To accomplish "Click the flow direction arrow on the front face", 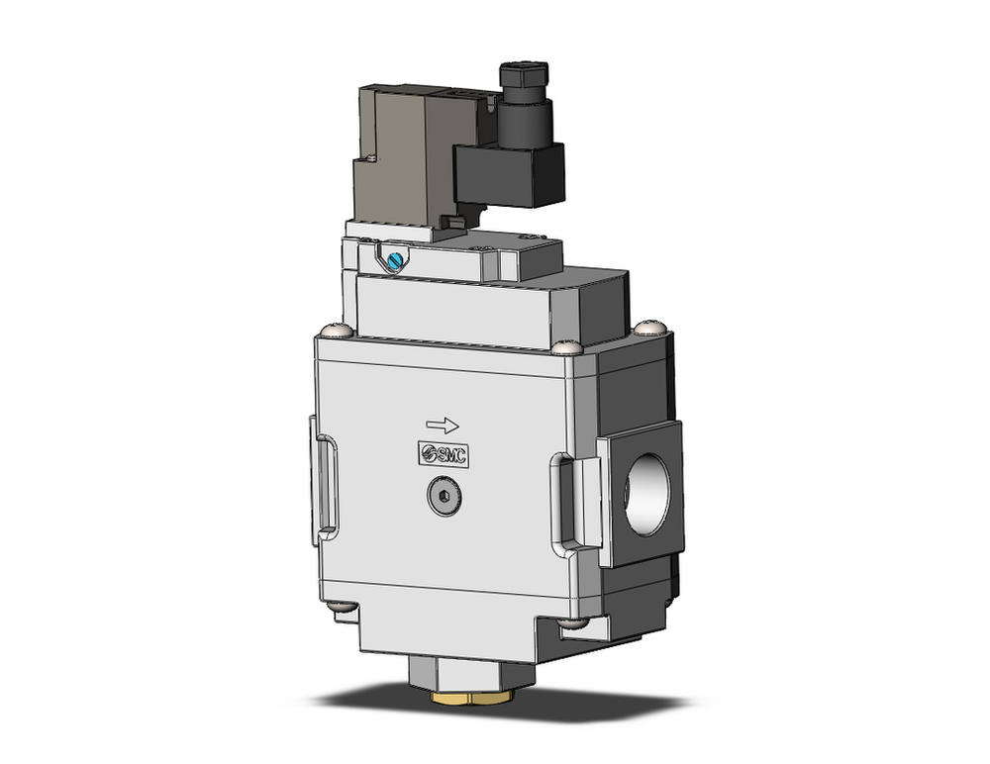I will pos(443,426).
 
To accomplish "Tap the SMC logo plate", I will pos(443,454).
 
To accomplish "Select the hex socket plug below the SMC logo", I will pos(446,502).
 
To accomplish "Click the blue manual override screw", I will pos(395,261).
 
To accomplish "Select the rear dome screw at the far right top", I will pos(648,326).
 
